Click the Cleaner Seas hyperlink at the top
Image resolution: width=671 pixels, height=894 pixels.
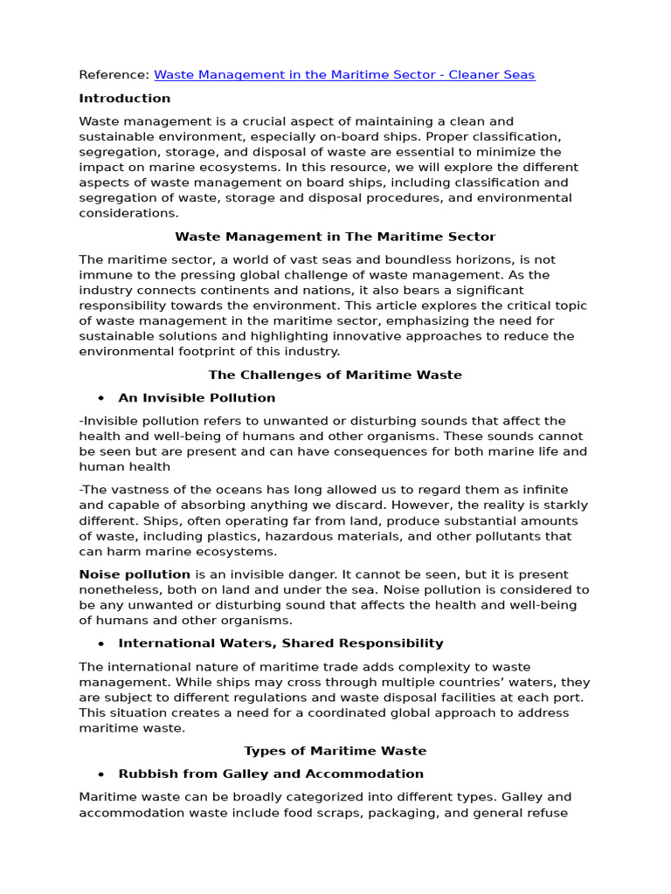[x=344, y=75]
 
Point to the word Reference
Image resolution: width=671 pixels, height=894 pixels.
[x=113, y=75]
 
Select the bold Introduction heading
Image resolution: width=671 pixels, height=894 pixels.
[x=125, y=99]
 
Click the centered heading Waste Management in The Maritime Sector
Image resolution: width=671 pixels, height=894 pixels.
[x=335, y=237]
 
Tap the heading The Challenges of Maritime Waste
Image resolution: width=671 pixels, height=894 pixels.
[x=335, y=375]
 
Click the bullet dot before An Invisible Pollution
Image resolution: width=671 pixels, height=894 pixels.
[x=101, y=398]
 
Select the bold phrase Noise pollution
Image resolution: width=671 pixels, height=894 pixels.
[x=135, y=574]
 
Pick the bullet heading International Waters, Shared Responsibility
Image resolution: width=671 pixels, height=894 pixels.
[x=280, y=643]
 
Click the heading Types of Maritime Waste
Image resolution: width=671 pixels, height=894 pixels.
[x=335, y=751]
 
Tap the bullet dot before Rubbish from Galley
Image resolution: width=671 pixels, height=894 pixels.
[x=101, y=774]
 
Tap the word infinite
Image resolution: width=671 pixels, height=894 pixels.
[x=543, y=490]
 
